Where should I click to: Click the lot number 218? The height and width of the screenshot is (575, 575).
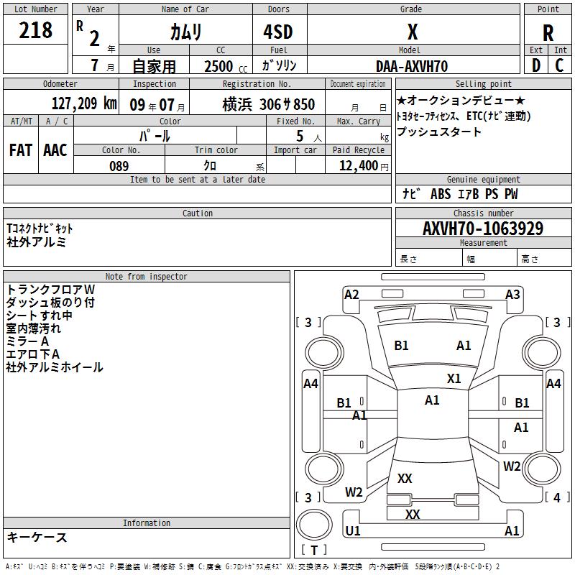35,30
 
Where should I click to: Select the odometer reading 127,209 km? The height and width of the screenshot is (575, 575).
84,103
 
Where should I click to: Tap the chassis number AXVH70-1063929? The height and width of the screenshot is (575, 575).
483,229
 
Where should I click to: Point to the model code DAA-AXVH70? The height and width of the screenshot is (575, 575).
412,66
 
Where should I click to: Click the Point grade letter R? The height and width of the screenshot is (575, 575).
548,33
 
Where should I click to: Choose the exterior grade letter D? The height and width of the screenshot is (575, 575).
536,65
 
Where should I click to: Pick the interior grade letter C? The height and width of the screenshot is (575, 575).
559,65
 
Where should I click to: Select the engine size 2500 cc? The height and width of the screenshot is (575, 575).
226,66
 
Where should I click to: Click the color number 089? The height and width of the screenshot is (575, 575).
119,166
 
